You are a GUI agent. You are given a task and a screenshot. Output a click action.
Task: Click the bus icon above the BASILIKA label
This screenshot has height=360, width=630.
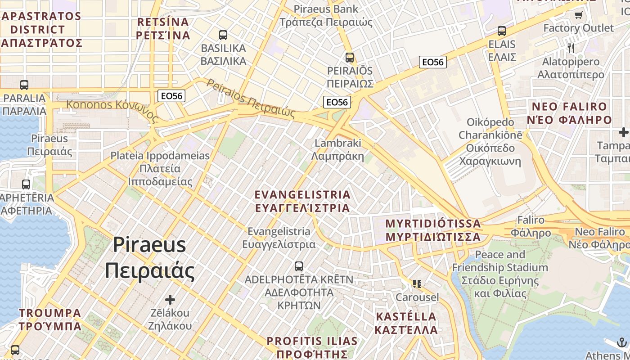pos(223,35)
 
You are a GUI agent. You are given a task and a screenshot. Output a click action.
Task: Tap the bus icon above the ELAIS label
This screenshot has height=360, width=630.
pos(502,31)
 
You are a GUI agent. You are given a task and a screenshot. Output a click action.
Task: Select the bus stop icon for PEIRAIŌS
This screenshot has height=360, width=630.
pos(350,58)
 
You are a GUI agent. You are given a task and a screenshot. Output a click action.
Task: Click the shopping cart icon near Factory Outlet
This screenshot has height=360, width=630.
pos(578,15)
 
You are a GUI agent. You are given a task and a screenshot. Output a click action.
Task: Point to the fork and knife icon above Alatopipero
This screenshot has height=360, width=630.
pos(571,48)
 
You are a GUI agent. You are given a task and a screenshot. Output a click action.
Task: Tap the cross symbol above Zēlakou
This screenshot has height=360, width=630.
pos(170,299)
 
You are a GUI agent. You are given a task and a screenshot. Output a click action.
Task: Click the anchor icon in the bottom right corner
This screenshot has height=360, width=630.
pos(622,342)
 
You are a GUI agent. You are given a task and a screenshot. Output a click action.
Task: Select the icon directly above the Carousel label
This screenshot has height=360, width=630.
pos(417,284)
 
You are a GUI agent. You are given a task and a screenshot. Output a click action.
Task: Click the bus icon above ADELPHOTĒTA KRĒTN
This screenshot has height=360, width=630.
pos(298,266)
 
